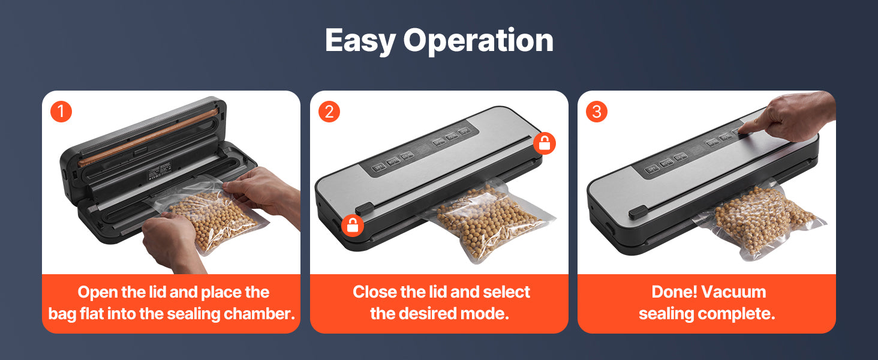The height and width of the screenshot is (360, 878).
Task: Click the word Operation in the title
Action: point(478,41)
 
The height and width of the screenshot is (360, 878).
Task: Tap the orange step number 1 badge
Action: point(61,112)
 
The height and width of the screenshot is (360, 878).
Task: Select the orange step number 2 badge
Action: point(329,112)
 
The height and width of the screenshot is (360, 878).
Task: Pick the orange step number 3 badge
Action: point(597,112)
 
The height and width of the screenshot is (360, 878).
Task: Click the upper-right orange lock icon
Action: point(545,143)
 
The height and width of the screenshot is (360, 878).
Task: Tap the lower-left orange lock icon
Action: point(353,226)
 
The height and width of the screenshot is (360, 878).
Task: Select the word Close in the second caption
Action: point(374,292)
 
